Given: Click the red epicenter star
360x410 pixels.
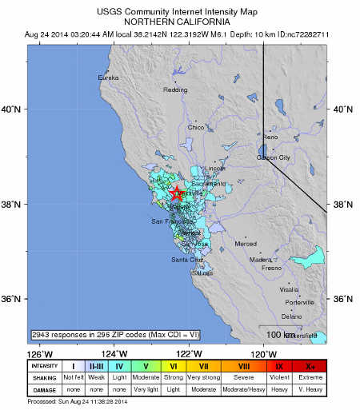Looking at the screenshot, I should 177,193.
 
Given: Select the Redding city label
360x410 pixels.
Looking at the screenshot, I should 175,90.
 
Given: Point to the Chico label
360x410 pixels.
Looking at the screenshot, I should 196,127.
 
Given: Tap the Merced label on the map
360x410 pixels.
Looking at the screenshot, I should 246,243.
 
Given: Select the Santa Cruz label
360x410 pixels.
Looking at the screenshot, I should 187,260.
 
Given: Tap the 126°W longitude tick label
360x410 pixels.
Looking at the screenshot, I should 40,354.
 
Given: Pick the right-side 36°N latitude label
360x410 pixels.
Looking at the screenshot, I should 342,300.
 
